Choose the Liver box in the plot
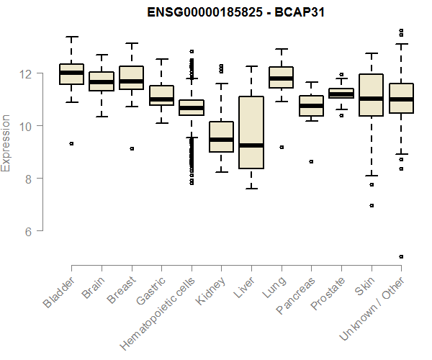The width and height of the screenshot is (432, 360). [x=251, y=132]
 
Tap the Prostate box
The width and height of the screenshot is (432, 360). [x=341, y=93]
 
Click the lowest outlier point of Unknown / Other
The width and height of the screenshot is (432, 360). [x=401, y=256]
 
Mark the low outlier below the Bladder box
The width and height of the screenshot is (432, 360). [x=71, y=143]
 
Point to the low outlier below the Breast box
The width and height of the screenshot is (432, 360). [x=131, y=148]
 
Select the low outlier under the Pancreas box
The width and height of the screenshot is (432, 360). [x=311, y=162]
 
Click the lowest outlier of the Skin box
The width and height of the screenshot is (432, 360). [x=372, y=205]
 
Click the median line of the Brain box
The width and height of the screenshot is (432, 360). [x=101, y=82]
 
